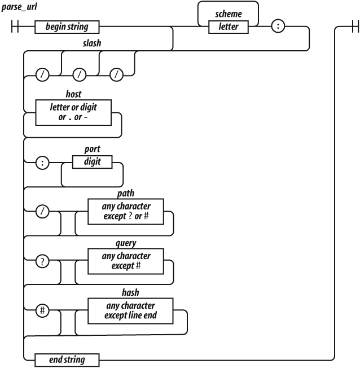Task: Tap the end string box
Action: pos(67,359)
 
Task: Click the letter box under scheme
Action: pos(228,27)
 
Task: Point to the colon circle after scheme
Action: pos(278,27)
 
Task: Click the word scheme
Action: pos(228,16)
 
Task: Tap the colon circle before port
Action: pos(42,163)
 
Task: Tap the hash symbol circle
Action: pos(42,310)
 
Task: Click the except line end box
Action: pos(130,310)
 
